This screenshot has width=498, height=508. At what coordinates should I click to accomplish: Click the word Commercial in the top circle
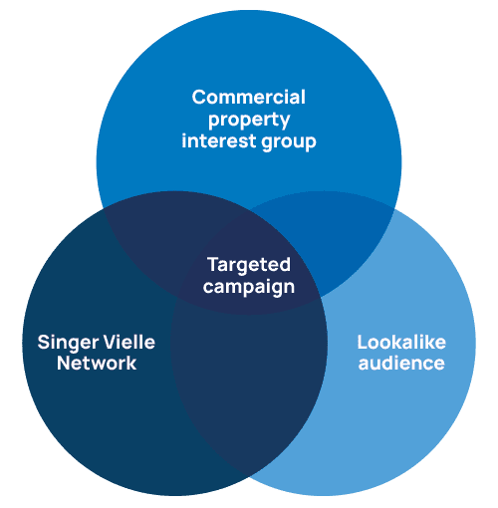(x=248, y=97)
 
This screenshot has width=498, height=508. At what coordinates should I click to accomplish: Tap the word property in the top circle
(x=249, y=121)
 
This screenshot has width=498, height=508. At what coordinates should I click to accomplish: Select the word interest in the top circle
(x=218, y=140)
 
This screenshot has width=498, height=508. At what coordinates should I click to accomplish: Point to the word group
(x=289, y=142)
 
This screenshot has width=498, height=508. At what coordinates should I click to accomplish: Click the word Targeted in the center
(x=249, y=266)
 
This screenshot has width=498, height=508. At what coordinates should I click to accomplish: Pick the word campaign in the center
(x=249, y=287)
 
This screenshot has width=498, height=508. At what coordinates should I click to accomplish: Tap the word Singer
(x=68, y=343)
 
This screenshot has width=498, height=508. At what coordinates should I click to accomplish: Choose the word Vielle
(x=129, y=342)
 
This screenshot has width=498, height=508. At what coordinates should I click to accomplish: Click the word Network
(x=97, y=363)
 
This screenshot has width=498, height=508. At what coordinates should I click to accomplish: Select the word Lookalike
(x=401, y=342)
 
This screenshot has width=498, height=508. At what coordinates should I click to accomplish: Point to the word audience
(x=401, y=363)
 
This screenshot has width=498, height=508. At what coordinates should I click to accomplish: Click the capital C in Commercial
(x=199, y=97)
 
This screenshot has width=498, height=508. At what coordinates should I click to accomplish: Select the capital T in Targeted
(x=213, y=265)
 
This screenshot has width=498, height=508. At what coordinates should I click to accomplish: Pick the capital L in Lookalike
(x=363, y=342)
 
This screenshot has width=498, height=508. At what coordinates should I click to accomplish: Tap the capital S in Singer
(x=45, y=342)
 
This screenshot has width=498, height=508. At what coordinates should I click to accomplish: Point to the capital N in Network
(x=65, y=363)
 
